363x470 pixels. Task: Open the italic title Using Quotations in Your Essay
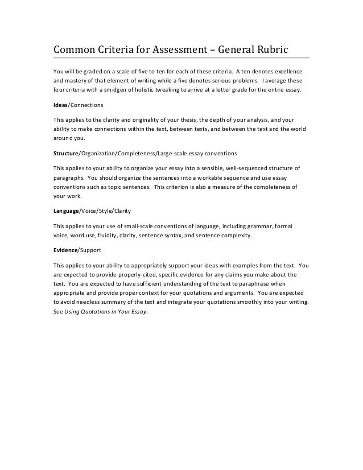[x=106, y=311]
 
